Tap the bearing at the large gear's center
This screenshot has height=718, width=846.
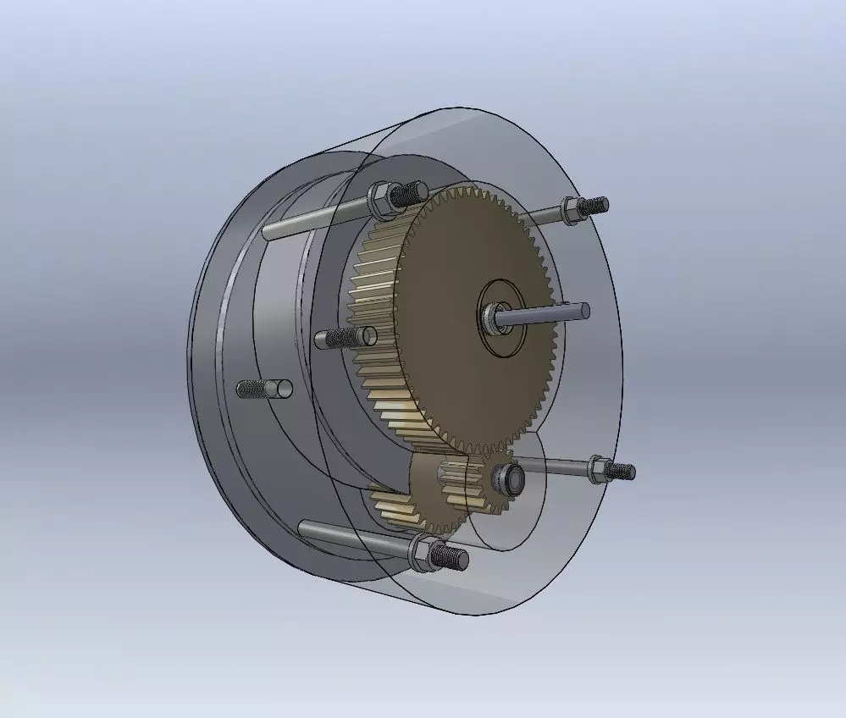[x=493, y=319]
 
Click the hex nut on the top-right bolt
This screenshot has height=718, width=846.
[x=570, y=209]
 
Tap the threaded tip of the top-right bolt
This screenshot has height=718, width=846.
[x=597, y=204]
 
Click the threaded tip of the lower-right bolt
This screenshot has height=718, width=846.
[x=623, y=471]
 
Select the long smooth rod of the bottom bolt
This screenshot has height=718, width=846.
[x=347, y=536]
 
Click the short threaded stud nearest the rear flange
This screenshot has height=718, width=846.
[x=263, y=389]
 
